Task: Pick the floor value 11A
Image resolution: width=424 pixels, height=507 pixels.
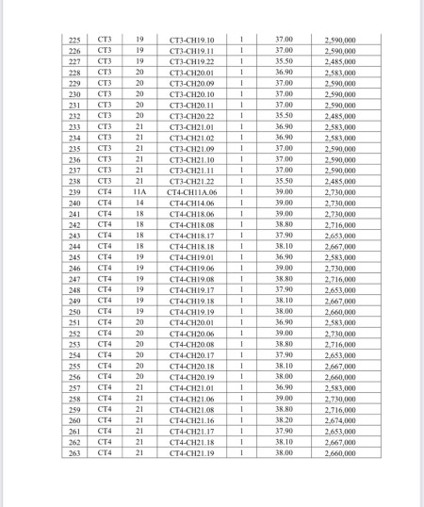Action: click(x=139, y=192)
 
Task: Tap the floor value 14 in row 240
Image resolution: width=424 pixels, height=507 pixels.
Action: click(x=139, y=203)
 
